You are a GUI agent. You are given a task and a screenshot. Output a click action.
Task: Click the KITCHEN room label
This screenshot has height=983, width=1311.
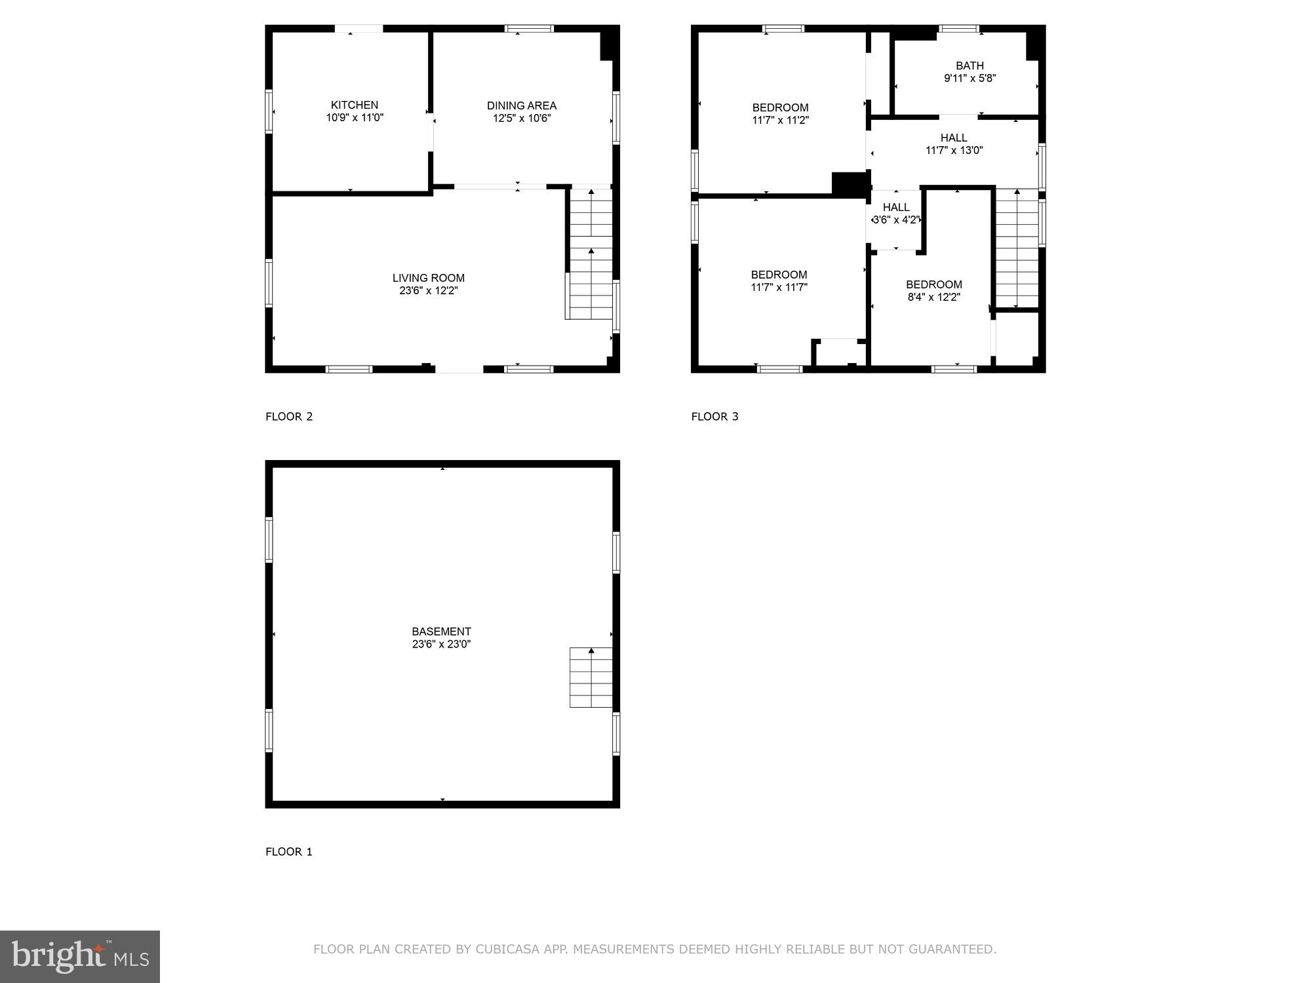pyautogui.click(x=354, y=105)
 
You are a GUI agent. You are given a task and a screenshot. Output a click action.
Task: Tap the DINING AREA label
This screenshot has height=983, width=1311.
pyautogui.click(x=521, y=106)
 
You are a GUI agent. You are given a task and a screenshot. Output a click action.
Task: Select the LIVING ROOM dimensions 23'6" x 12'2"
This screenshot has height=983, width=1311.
pyautogui.click(x=428, y=290)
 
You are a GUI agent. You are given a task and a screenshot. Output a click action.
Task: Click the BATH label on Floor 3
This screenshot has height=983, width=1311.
pyautogui.click(x=969, y=66)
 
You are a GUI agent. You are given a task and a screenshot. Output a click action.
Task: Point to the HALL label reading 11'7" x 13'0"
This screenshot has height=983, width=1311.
pyautogui.click(x=954, y=138)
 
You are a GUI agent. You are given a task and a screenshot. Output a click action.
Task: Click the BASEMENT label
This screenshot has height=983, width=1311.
pyautogui.click(x=441, y=632)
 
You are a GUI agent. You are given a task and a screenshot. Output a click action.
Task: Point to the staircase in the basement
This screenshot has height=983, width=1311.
pyautogui.click(x=591, y=678)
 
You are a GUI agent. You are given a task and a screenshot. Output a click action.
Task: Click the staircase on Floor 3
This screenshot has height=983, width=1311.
pyautogui.click(x=1017, y=249)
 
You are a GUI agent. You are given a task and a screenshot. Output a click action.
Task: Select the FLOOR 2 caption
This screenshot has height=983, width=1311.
pyautogui.click(x=289, y=417)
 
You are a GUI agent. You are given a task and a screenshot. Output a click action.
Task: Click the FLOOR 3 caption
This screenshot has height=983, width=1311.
pyautogui.click(x=714, y=417)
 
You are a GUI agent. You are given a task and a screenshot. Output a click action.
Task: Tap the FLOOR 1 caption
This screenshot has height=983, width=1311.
pyautogui.click(x=289, y=852)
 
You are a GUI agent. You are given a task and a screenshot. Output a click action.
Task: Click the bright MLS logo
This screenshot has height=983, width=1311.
pyautogui.click(x=80, y=957)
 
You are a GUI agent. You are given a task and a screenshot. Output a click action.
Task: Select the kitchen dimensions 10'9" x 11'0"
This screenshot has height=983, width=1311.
pyautogui.click(x=355, y=118)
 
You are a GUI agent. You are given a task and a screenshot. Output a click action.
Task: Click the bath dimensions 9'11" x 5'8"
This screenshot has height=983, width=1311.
pyautogui.click(x=969, y=78)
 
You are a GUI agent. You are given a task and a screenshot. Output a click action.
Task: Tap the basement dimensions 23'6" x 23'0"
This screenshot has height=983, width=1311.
pyautogui.click(x=441, y=644)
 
